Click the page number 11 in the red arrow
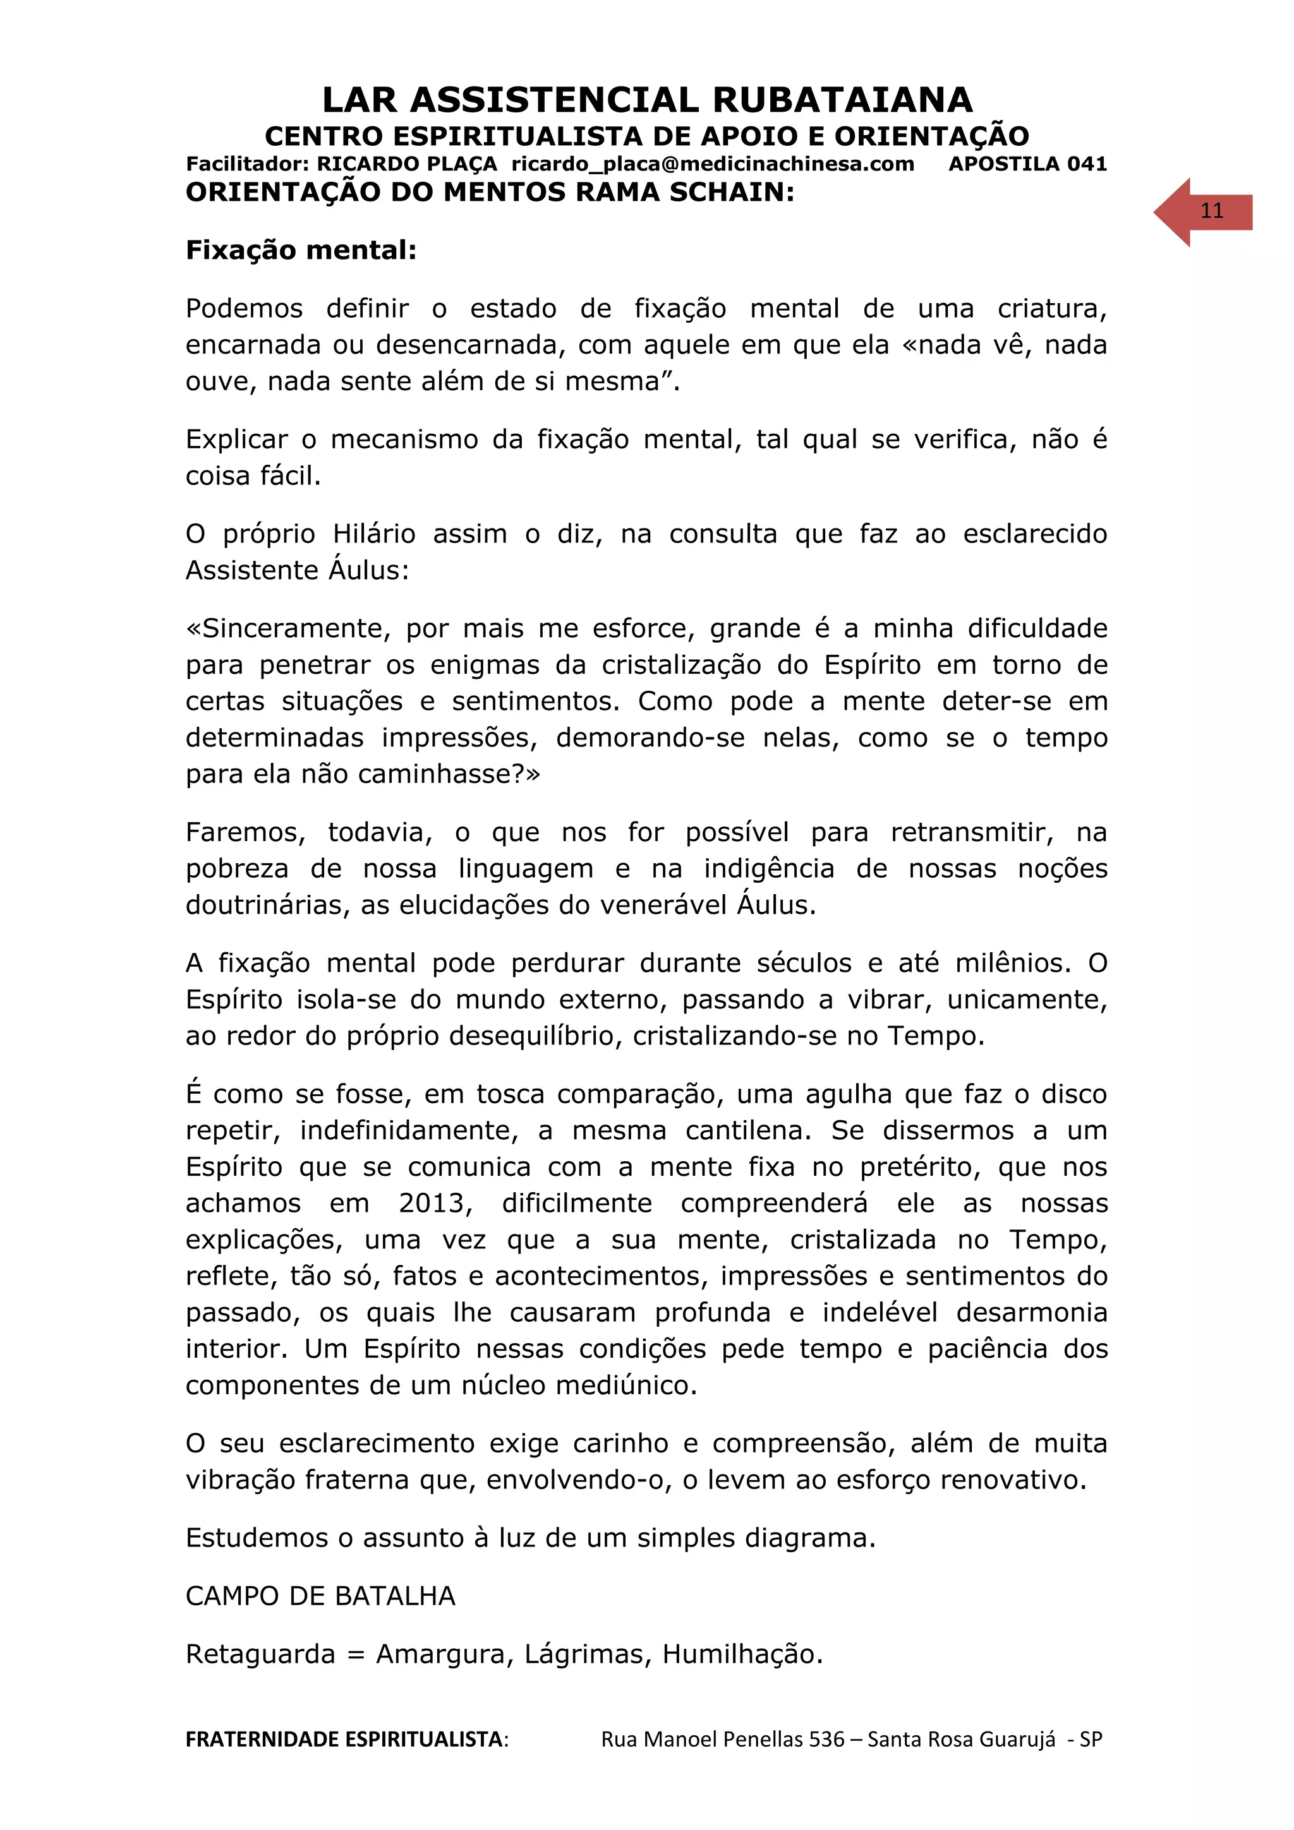(1211, 211)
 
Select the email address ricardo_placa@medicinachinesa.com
(712, 164)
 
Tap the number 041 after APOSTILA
(1087, 164)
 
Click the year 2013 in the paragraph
(435, 1203)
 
